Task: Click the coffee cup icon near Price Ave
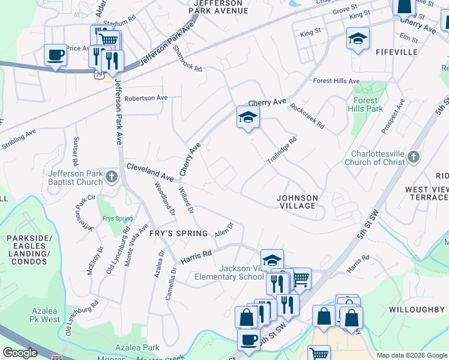click(55, 55)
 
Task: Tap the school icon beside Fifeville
click(358, 40)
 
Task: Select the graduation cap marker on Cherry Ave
click(248, 117)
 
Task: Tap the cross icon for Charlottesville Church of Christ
click(413, 157)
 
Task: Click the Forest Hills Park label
click(365, 104)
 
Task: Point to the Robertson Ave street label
click(146, 98)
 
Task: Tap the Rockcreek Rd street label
click(307, 116)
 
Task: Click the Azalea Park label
click(138, 347)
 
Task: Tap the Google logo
click(20, 353)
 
